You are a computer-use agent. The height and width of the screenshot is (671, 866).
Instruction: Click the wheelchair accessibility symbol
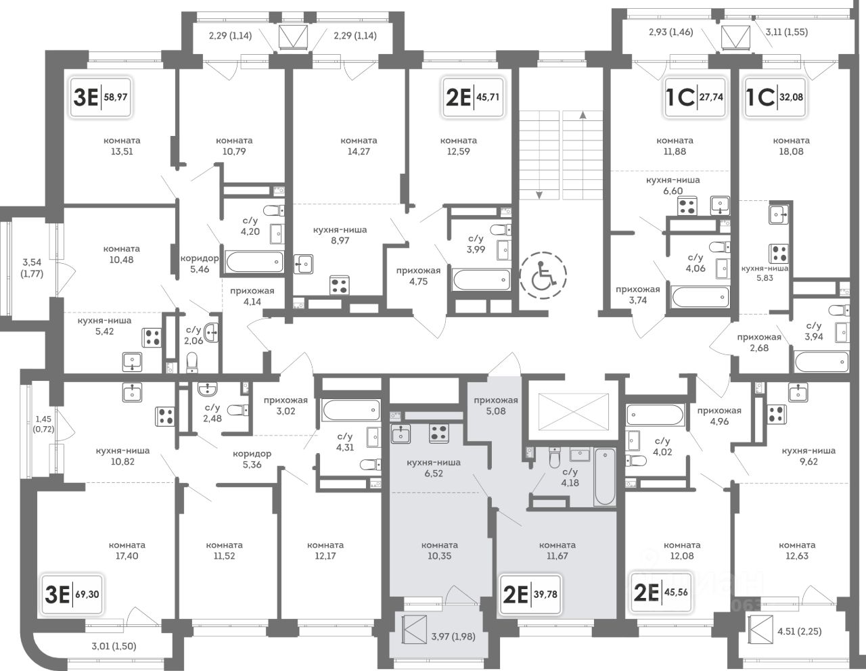click(x=543, y=275)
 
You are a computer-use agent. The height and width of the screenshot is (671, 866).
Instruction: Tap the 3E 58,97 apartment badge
click(x=100, y=97)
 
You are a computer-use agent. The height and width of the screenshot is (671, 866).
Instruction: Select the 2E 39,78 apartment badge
click(x=530, y=595)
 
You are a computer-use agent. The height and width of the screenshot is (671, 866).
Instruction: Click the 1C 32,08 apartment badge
click(x=775, y=97)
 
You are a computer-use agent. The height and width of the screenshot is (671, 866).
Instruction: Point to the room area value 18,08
click(x=791, y=152)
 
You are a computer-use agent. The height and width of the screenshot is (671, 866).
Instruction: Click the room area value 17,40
click(x=127, y=556)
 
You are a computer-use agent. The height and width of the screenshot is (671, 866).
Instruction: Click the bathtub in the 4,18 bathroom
click(x=605, y=477)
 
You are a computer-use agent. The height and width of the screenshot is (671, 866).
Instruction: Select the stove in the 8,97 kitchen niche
click(x=340, y=285)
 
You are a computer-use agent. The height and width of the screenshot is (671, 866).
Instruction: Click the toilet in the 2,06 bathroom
click(x=192, y=363)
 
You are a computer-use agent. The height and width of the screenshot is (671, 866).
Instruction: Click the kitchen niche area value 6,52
click(x=434, y=473)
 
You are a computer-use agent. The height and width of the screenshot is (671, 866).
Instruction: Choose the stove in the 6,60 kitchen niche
click(x=687, y=206)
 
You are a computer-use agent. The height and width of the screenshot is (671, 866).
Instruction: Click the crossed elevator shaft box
click(x=574, y=412)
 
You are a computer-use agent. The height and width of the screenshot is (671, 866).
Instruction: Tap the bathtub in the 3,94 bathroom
click(x=821, y=362)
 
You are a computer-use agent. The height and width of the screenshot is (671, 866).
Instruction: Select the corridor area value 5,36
click(x=252, y=464)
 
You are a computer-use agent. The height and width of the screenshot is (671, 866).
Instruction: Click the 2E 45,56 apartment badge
click(x=661, y=593)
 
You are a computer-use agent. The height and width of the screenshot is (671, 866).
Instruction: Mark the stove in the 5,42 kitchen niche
click(x=152, y=337)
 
